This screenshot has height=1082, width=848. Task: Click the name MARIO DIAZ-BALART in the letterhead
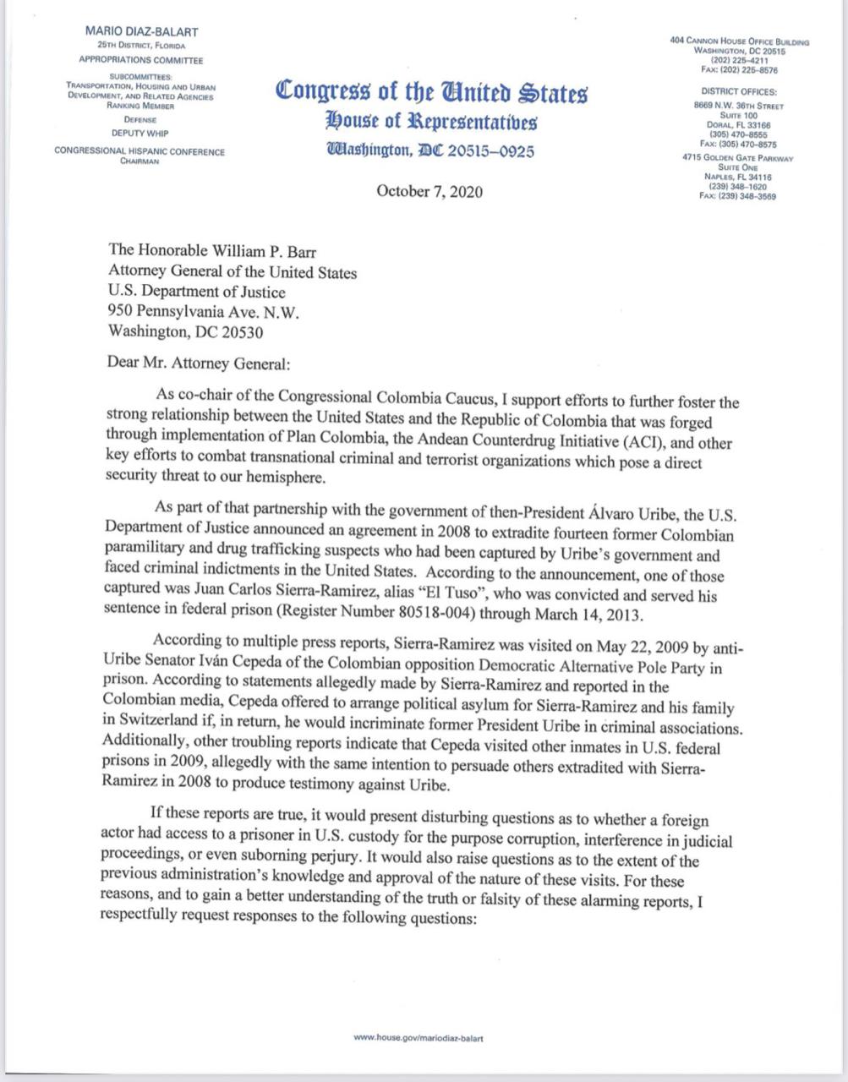[x=142, y=32]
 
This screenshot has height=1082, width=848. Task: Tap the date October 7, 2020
[x=429, y=191]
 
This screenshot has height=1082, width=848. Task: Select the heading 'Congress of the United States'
[x=431, y=91]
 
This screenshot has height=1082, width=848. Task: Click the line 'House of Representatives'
[x=431, y=122]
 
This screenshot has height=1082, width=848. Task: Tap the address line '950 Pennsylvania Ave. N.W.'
[x=204, y=312]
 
